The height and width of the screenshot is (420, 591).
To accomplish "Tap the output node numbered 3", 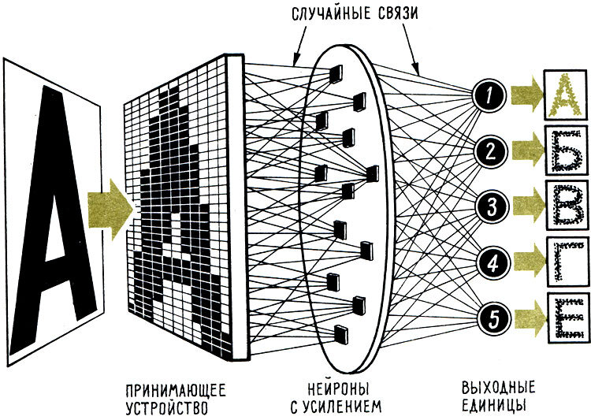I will point(489,207).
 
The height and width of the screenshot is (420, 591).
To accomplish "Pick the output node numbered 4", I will point(489,262).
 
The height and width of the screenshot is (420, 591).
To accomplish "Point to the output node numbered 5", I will point(489,317).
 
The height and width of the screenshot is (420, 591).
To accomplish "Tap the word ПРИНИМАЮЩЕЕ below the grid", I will point(175,389).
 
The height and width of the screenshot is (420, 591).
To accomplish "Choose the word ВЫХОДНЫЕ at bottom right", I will point(498,388).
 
